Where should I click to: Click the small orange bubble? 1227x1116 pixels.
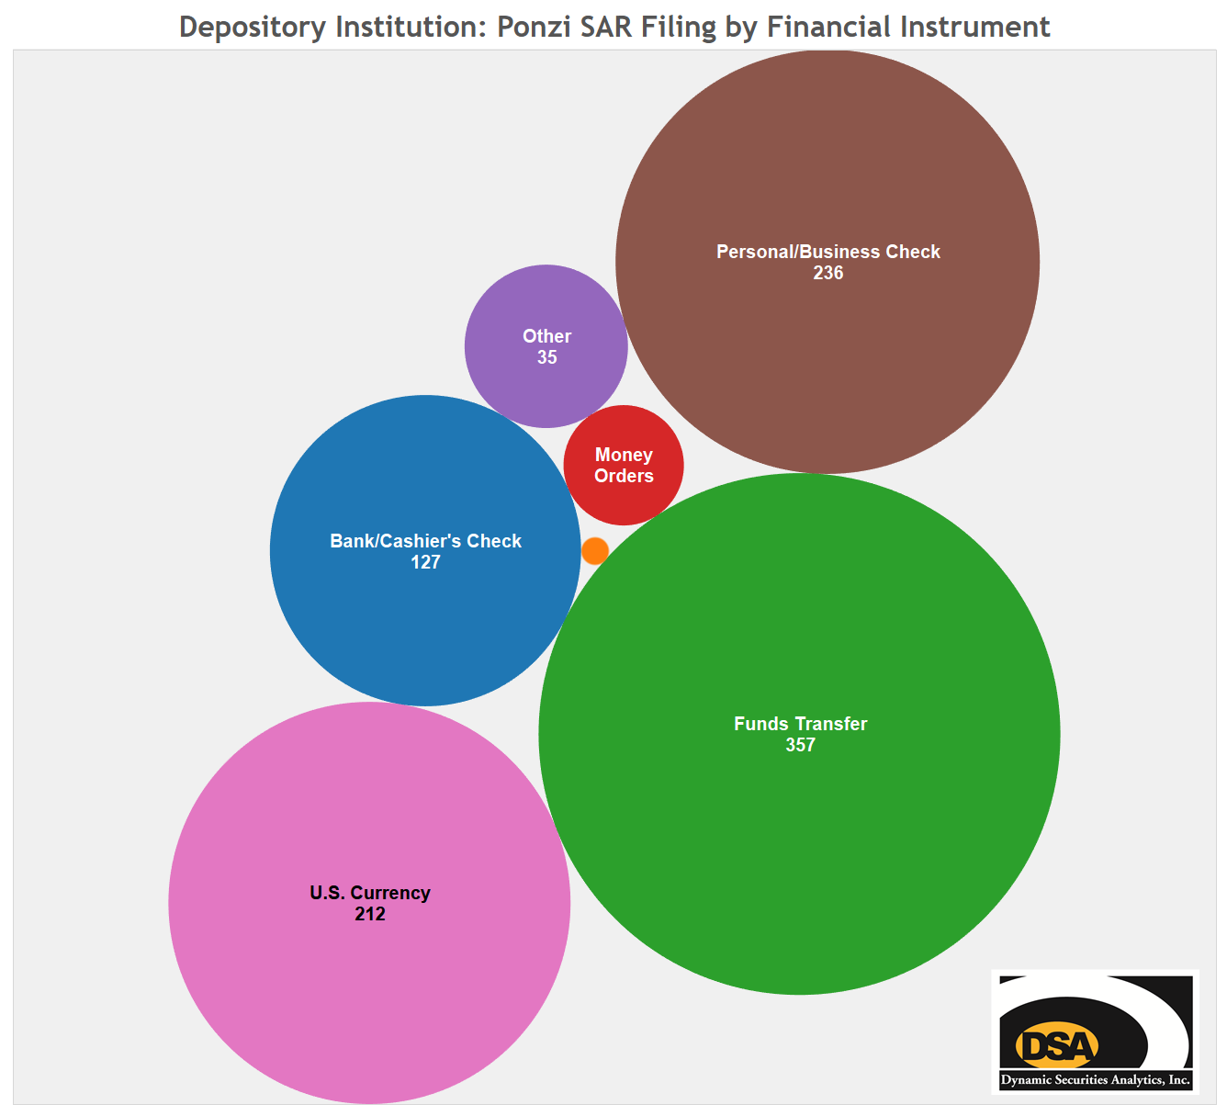coord(595,551)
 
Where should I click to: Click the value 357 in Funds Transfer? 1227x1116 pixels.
coord(800,746)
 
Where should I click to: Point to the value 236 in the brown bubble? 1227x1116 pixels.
coord(827,274)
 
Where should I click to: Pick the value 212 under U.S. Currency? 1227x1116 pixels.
coord(370,915)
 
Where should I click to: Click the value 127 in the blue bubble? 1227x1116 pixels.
coord(425,563)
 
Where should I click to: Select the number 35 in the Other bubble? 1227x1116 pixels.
coord(546,358)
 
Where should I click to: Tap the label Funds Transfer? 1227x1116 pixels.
coord(800,724)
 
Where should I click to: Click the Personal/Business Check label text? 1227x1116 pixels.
coord(827,252)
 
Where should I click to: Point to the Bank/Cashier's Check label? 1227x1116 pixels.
coord(425,541)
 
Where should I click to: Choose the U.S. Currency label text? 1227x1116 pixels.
coord(370,893)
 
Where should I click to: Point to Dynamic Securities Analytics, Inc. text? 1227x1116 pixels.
coord(1095,1080)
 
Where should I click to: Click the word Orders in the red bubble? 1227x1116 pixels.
coord(624,476)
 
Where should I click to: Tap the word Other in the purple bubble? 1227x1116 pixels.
coord(546,336)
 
